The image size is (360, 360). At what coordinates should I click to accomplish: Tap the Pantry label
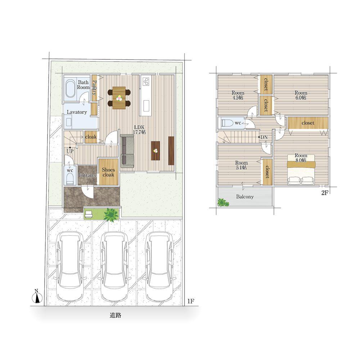coord(94,88)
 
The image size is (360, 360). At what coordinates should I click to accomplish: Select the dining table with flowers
coord(119,98)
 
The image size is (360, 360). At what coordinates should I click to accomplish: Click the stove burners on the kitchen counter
coord(146,81)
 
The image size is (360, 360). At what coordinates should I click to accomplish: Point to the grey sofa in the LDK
coord(127,152)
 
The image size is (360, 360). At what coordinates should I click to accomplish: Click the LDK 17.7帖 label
coord(139,130)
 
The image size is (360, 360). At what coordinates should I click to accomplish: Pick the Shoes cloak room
coord(108,172)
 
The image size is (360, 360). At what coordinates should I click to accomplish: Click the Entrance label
coord(87,175)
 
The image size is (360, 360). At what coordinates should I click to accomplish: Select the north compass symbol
coord(37,297)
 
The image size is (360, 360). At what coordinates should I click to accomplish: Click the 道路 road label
coord(115,315)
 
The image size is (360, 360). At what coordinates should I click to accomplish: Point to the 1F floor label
coord(190,301)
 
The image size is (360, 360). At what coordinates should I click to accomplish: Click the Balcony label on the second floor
coord(245,197)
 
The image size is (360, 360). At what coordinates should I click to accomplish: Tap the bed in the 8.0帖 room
coord(301,170)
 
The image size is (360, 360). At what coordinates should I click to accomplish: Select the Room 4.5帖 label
coord(238,95)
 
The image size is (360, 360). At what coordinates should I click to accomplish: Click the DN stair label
coord(264,137)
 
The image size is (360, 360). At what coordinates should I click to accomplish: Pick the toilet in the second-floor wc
coord(226,123)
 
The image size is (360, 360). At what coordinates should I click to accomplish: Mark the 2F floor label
coord(325,193)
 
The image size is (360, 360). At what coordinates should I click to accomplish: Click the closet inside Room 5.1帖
coord(267,172)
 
